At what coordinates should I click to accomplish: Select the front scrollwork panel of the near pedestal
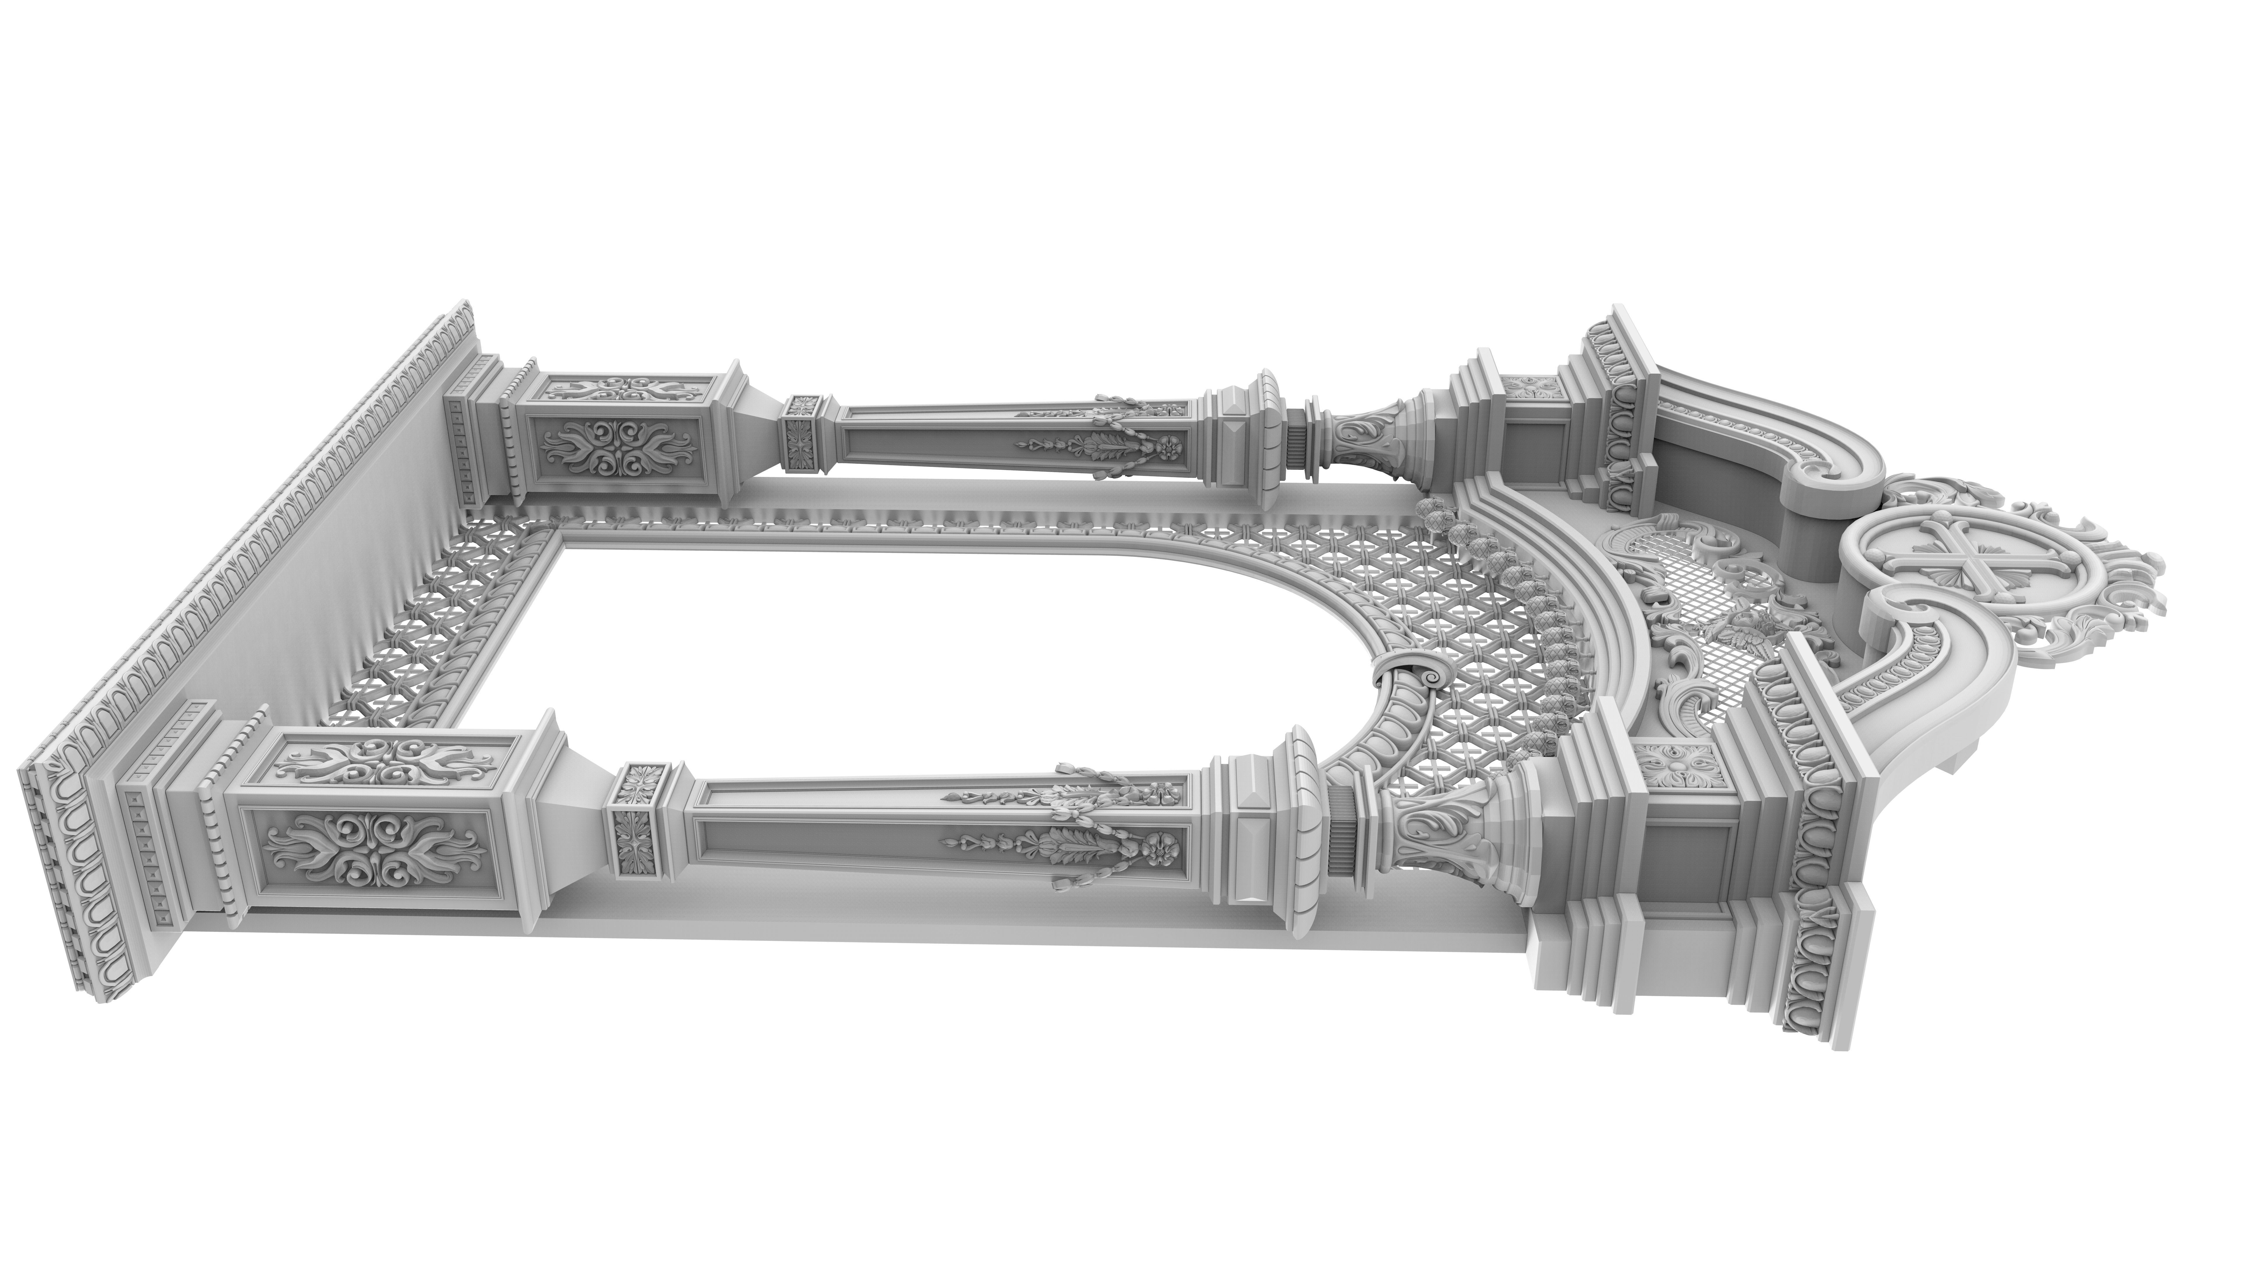[374, 850]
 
